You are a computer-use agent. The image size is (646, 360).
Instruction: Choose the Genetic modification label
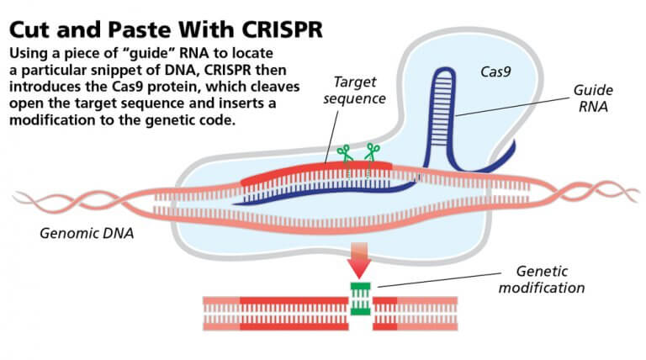[x=553, y=279]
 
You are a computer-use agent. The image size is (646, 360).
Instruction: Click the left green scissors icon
[x=344, y=154]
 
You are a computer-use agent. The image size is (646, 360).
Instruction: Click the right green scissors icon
[x=370, y=153]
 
